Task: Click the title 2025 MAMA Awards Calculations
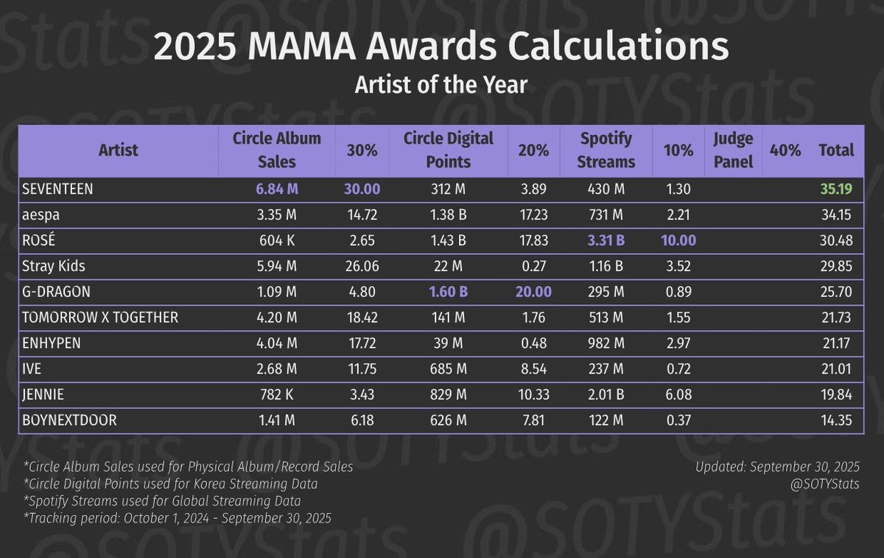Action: coord(441,48)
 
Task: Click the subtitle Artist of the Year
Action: coord(441,85)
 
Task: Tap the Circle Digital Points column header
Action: coord(448,150)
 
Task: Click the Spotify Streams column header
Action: coord(607,150)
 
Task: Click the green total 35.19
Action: coord(836,189)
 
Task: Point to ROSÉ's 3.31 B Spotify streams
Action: coord(607,240)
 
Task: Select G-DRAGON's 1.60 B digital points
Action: coord(448,291)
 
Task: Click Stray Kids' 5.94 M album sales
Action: coord(277,266)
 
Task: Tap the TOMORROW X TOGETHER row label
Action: coord(100,317)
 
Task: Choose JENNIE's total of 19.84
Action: coord(836,394)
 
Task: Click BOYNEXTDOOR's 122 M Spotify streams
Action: coord(607,419)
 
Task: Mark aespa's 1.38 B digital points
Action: coord(448,215)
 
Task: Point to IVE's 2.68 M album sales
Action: coord(277,369)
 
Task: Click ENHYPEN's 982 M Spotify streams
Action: coord(607,343)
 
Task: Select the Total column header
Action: coord(836,150)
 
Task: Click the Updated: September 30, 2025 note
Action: coord(777,467)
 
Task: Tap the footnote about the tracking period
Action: coord(177,518)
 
